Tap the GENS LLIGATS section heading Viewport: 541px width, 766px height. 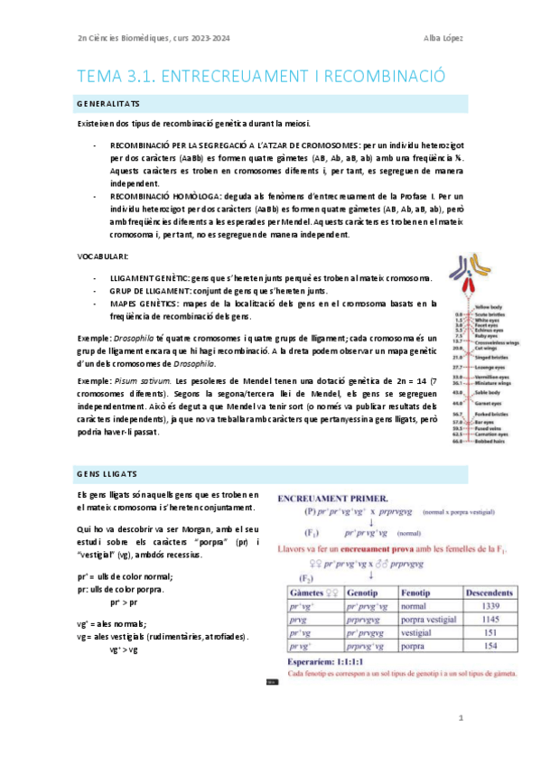point(101,474)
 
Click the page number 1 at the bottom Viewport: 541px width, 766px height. point(460,718)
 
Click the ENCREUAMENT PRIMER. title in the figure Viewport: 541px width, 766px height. point(334,499)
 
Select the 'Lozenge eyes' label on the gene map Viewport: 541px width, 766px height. point(490,368)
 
